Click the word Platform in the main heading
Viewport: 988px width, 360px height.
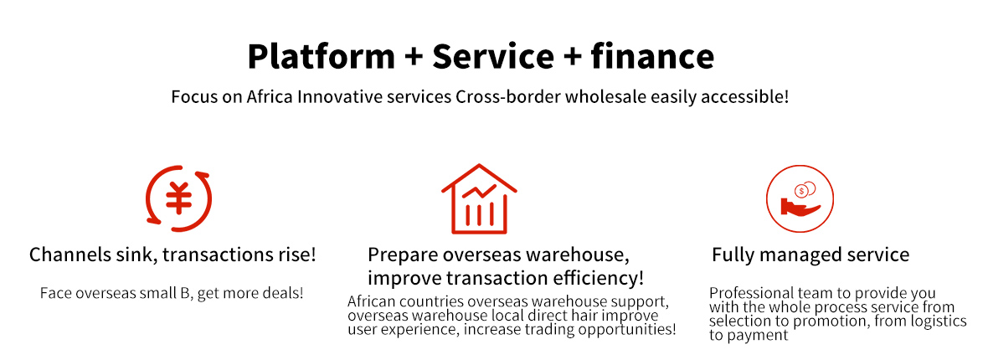tap(321, 56)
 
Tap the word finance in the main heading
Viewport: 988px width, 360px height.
tap(652, 56)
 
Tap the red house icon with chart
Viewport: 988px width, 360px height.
tap(479, 198)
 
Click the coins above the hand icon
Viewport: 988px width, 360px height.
tap(805, 189)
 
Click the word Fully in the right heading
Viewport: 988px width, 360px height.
tap(730, 255)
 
